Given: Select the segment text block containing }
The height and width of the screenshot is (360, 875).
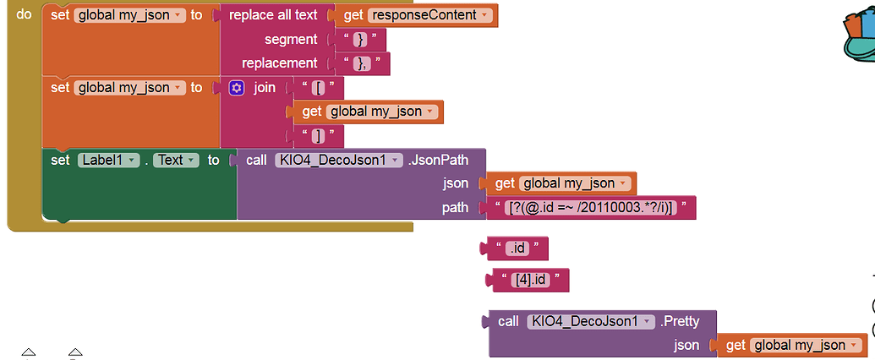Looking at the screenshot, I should [360, 40].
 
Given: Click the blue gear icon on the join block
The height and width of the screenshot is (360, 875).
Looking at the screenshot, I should [236, 87].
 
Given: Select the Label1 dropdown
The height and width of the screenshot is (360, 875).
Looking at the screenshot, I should [108, 160].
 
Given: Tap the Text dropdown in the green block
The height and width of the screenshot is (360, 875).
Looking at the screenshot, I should [176, 160].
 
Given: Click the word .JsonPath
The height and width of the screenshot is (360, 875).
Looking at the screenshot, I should [440, 160].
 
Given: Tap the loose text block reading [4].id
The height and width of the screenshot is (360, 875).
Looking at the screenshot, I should [530, 280].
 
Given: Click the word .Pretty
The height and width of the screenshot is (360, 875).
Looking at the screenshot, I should [680, 321].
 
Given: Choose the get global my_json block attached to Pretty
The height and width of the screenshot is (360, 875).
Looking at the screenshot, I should [791, 345].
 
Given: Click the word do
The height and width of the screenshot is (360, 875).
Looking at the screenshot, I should [24, 15].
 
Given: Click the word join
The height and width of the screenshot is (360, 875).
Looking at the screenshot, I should [265, 87].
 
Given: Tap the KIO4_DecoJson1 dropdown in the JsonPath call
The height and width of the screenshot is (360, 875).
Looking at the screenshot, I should [338, 160].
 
